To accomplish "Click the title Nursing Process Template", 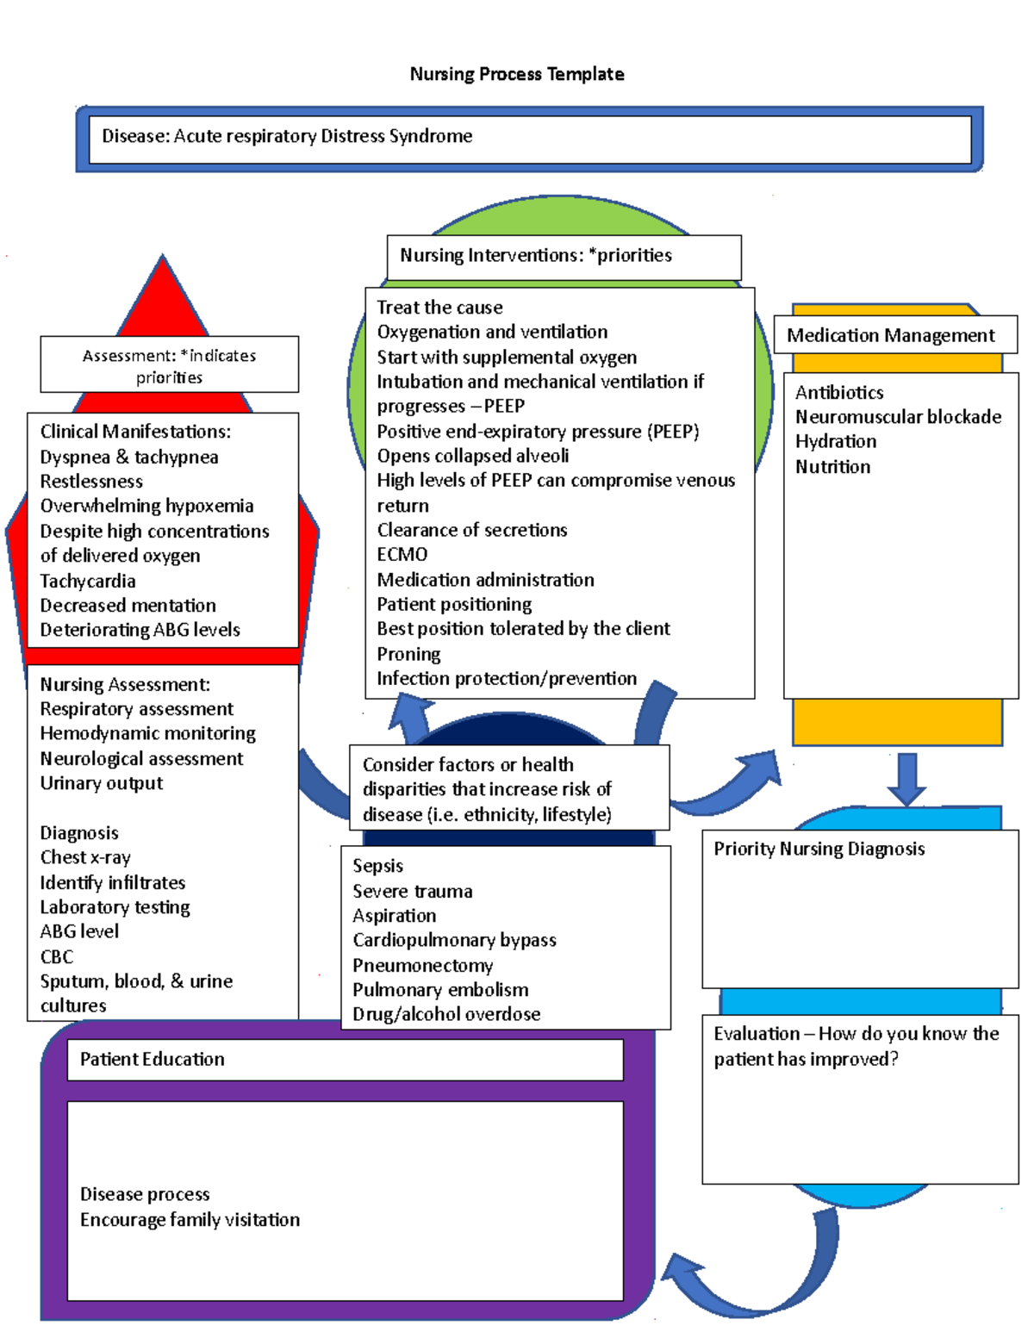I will click(x=517, y=74).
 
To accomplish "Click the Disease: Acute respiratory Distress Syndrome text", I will click(x=287, y=136).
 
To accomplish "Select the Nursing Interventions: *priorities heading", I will click(x=535, y=255).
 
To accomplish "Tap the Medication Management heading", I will click(x=890, y=335).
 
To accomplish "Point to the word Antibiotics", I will click(x=838, y=393).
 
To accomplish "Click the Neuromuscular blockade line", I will click(x=898, y=417).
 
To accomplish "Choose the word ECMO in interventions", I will click(x=402, y=554).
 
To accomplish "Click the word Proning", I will click(x=408, y=654).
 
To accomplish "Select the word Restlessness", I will click(x=91, y=481).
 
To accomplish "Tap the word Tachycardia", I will click(x=88, y=581).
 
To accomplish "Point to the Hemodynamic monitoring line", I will click(x=147, y=733).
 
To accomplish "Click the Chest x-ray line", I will click(x=85, y=857).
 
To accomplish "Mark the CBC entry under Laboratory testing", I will click(x=57, y=956).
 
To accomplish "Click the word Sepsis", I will click(x=377, y=866).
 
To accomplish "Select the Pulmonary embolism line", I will click(x=440, y=990).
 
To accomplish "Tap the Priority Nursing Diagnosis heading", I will click(x=819, y=849).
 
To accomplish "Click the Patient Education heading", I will click(x=152, y=1059).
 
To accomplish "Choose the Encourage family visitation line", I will click(x=190, y=1219).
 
